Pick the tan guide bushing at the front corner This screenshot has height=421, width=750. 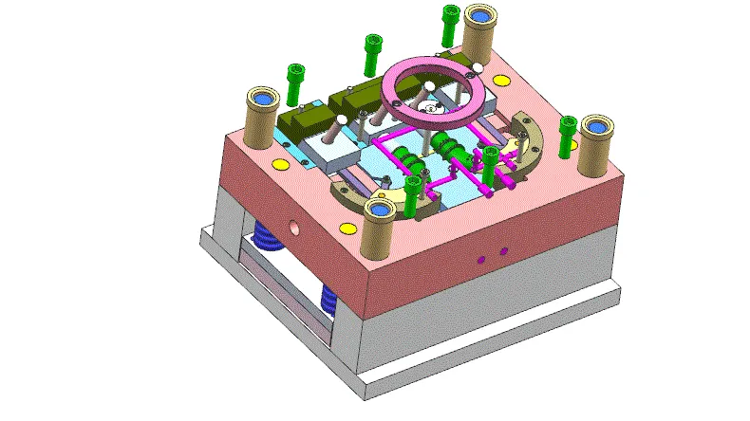(x=379, y=225)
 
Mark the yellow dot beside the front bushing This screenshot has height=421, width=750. (x=349, y=227)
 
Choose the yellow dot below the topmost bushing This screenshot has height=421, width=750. (x=500, y=79)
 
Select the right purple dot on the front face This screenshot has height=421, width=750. (x=503, y=251)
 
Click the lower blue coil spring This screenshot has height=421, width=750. (x=328, y=302)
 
